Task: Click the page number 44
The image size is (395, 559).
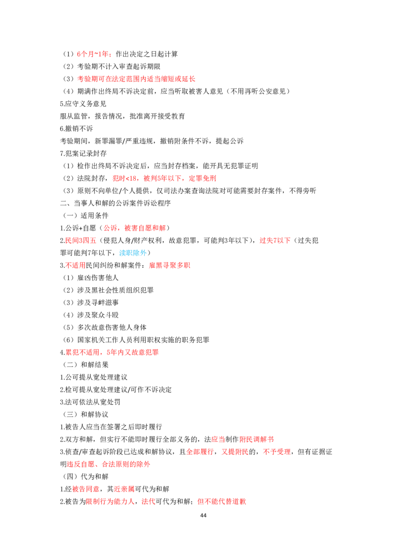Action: (203, 516)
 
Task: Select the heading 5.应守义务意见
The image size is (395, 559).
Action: (83, 104)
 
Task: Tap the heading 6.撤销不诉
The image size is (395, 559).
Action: (77, 129)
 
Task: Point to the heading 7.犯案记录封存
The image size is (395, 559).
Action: (83, 154)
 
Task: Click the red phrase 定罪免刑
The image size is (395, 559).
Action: (202, 178)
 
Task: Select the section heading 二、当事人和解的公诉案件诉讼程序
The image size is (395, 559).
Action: (115, 203)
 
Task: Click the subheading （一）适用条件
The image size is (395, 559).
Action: (85, 216)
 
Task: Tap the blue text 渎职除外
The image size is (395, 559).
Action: (133, 253)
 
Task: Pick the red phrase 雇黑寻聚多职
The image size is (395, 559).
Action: (170, 265)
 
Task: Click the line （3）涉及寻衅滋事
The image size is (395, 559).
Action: (90, 303)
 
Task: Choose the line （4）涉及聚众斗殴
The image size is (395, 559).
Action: (90, 315)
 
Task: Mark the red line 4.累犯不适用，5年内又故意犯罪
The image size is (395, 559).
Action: (109, 352)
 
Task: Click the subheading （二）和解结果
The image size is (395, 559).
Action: (85, 365)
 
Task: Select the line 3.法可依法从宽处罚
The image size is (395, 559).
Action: (90, 402)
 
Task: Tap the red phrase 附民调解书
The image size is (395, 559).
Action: (257, 439)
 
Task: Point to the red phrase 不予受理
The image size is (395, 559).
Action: (277, 452)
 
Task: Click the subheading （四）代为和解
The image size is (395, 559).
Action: (85, 477)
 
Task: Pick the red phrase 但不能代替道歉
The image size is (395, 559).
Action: (222, 502)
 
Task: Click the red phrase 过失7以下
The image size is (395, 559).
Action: (275, 240)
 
